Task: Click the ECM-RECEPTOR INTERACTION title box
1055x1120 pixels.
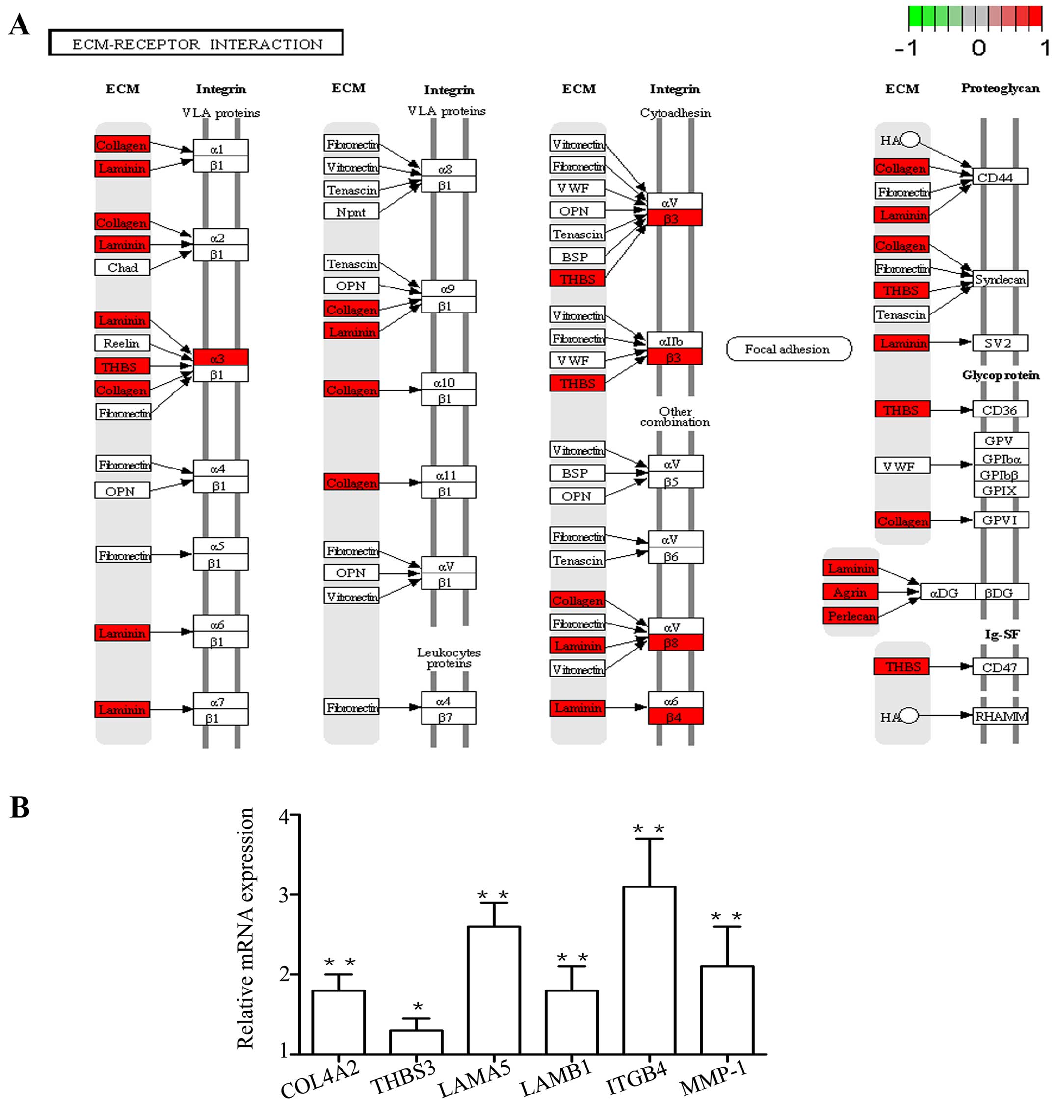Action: click(196, 43)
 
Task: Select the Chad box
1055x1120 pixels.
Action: click(122, 267)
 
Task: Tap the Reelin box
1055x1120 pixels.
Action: click(122, 343)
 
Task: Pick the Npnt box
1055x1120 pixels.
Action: click(351, 212)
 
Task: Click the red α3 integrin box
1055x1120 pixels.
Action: click(220, 357)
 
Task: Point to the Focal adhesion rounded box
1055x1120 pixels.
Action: click(789, 349)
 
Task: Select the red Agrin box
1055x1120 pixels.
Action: click(850, 592)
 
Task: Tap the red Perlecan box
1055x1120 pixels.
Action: click(851, 616)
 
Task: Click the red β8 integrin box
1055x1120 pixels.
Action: click(675, 643)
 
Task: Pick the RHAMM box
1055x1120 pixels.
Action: click(1001, 716)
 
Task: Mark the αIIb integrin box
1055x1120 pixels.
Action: click(674, 340)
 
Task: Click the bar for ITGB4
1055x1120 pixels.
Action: click(649, 971)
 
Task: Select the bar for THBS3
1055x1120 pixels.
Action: click(416, 1042)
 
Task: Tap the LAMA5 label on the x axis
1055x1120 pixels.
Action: click(475, 1082)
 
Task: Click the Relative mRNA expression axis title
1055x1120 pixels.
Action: click(246, 929)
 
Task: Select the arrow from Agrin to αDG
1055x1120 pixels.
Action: click(898, 592)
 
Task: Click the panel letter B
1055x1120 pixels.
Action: click(20, 807)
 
